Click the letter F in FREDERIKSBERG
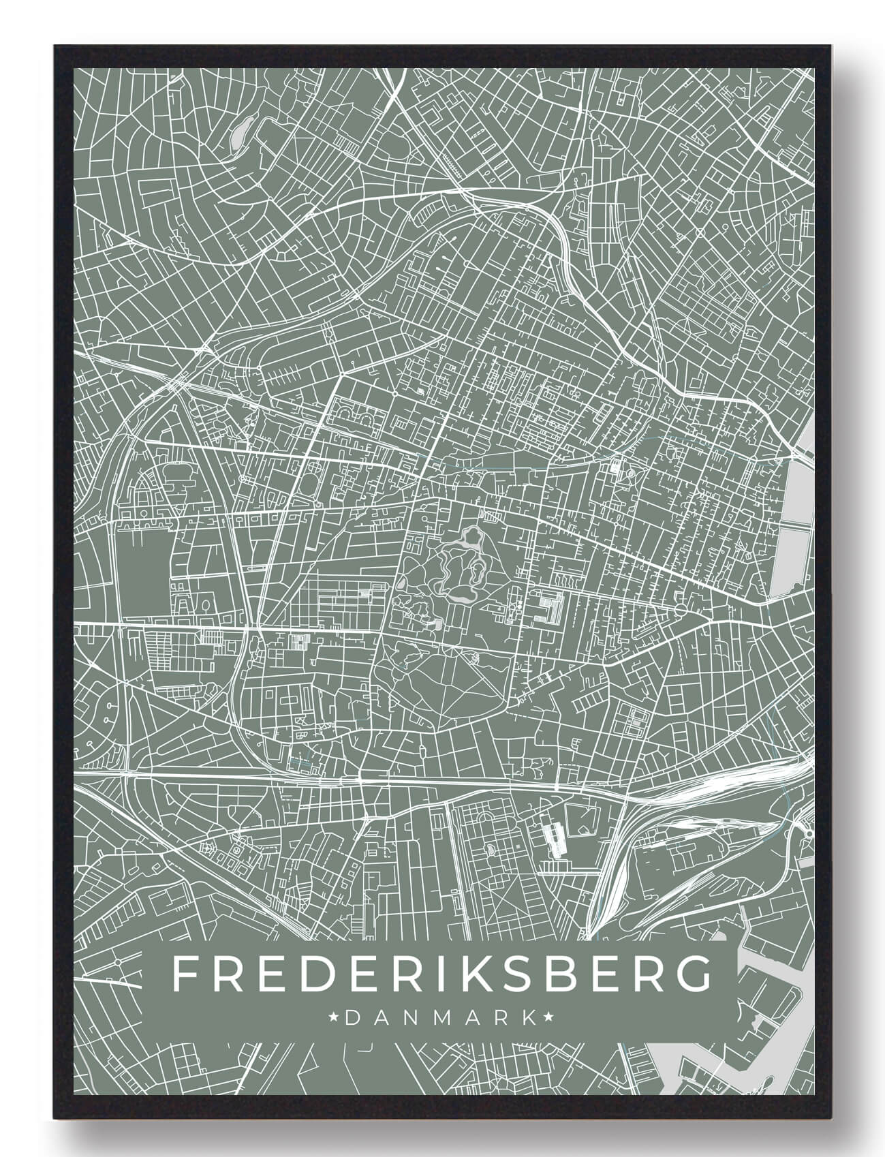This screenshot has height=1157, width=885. point(185,975)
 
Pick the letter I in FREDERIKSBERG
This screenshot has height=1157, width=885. point(437,975)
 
